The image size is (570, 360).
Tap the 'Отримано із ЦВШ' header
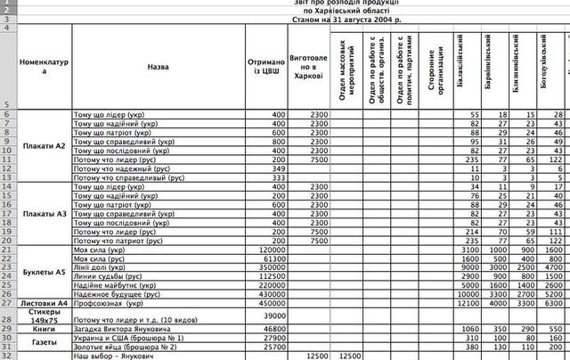coord(266,66)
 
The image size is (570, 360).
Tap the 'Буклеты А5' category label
coord(44,271)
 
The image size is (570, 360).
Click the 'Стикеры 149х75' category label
coord(44,315)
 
